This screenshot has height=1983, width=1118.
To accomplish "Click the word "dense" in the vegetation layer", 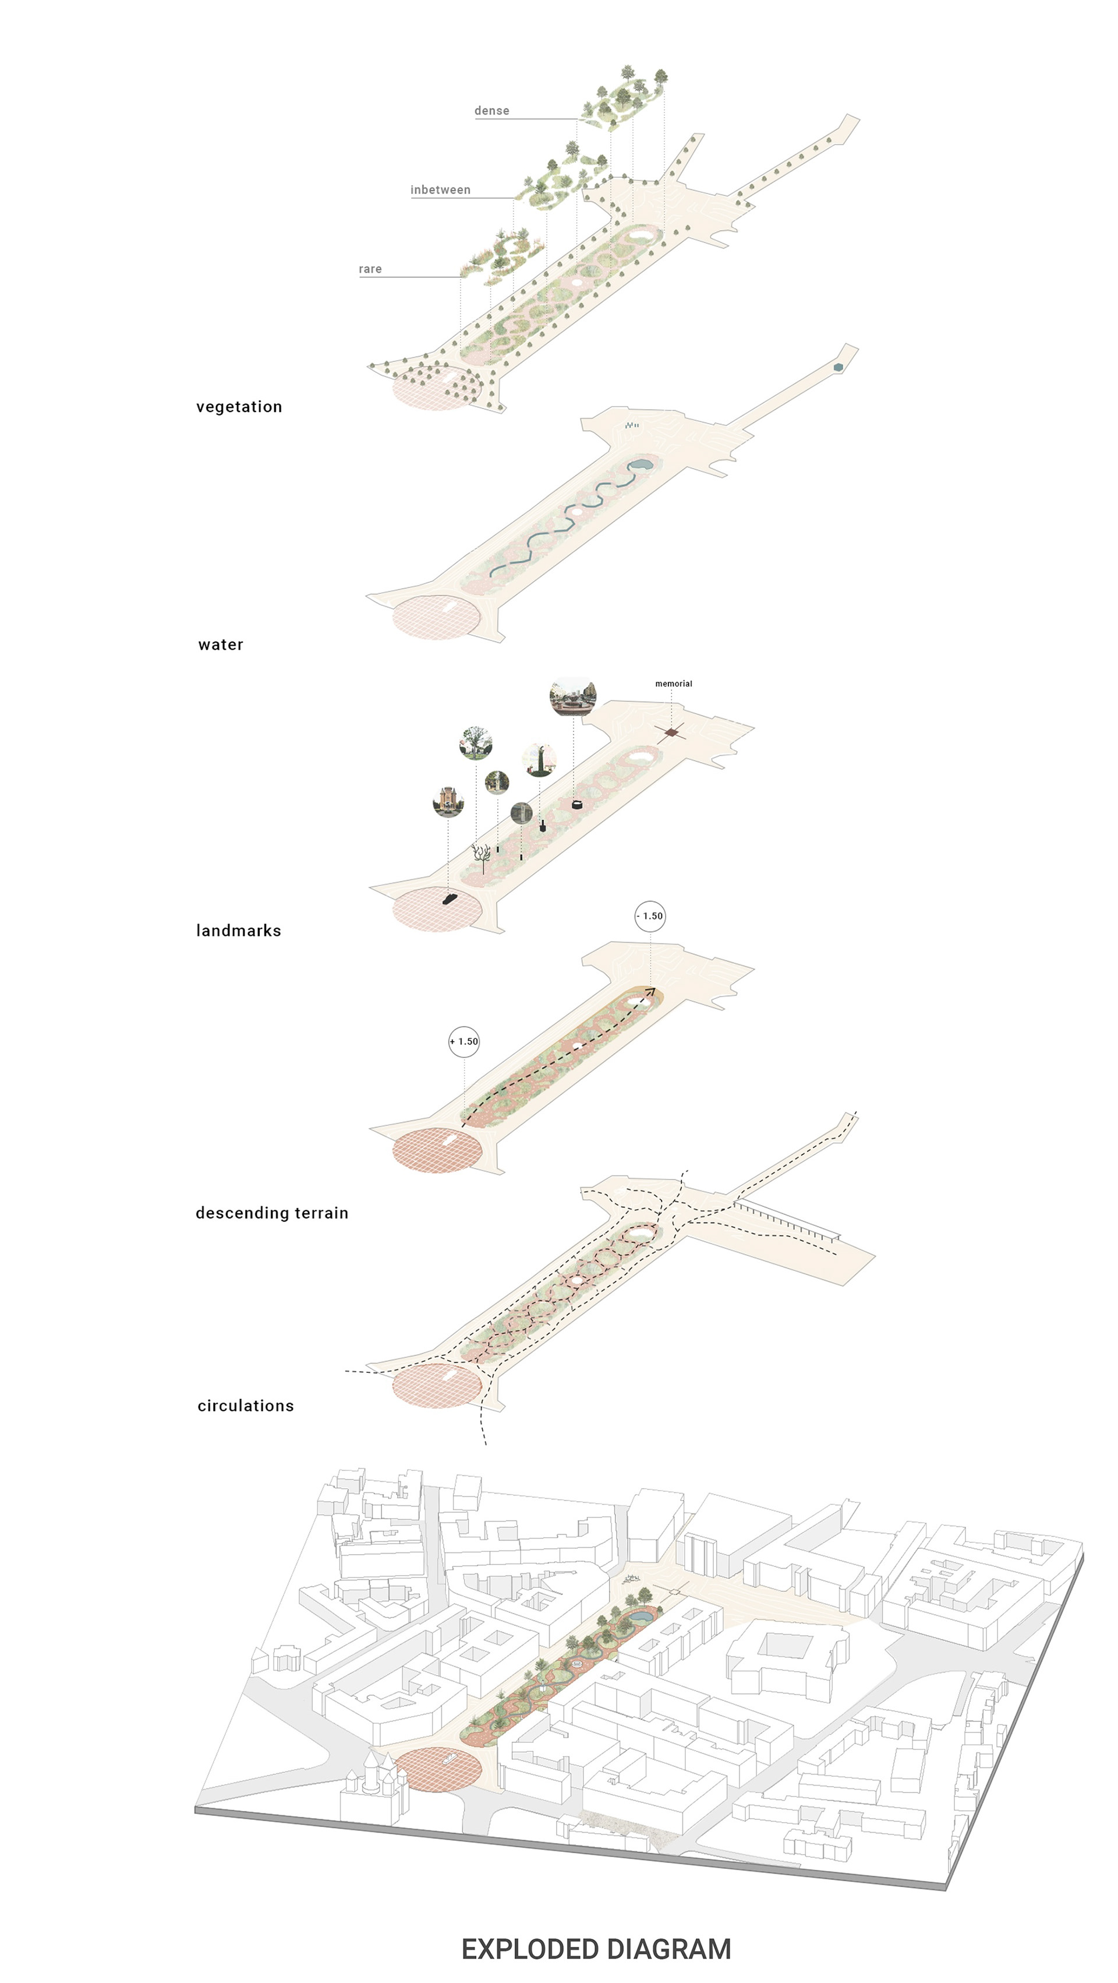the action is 491,111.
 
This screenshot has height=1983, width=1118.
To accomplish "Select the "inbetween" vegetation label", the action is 440,190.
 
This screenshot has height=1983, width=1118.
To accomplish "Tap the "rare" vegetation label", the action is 370,269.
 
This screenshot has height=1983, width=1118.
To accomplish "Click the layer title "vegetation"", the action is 239,407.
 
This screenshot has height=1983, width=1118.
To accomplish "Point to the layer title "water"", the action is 221,645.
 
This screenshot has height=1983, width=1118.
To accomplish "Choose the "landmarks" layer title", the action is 239,931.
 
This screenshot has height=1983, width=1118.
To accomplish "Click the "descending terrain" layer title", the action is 271,1213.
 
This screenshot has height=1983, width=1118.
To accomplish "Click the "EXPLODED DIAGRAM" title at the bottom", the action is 596,1949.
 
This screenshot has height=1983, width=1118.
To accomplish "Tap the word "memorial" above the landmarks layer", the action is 673,684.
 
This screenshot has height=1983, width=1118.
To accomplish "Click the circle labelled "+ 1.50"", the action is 464,1041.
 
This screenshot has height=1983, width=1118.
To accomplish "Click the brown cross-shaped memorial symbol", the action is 671,733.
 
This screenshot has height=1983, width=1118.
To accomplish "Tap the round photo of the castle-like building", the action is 448,801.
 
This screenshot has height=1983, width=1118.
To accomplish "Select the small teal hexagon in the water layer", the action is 838,368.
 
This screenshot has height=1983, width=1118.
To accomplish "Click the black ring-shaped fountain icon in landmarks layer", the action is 577,805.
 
